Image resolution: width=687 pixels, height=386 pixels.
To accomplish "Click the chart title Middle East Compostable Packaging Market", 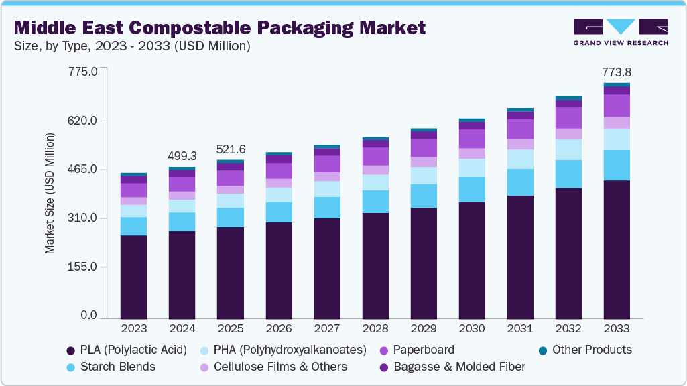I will tap(220, 27).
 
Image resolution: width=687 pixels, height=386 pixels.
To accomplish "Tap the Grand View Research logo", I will tap(621, 32).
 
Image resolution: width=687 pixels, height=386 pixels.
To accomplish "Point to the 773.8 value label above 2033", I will tap(617, 72).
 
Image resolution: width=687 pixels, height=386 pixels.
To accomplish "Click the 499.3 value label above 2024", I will tap(182, 155).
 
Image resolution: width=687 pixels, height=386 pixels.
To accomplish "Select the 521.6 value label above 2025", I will tap(230, 149).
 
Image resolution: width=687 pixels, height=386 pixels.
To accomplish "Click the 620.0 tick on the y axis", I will tap(84, 121).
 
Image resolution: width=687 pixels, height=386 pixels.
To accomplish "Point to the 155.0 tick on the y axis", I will tap(84, 267).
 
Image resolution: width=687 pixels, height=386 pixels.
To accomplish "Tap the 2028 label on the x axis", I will tap(375, 329).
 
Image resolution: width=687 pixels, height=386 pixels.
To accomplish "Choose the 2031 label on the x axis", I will tap(519, 329).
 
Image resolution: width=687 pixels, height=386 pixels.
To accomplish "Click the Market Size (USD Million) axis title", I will tap(50, 193).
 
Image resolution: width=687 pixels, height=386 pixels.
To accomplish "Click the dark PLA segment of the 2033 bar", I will tap(617, 249).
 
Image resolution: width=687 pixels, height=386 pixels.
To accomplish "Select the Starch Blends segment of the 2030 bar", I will tap(471, 189).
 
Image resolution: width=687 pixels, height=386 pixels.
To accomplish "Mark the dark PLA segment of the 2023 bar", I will tap(133, 277).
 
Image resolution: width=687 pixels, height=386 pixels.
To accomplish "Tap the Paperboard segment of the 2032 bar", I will tap(568, 118).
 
